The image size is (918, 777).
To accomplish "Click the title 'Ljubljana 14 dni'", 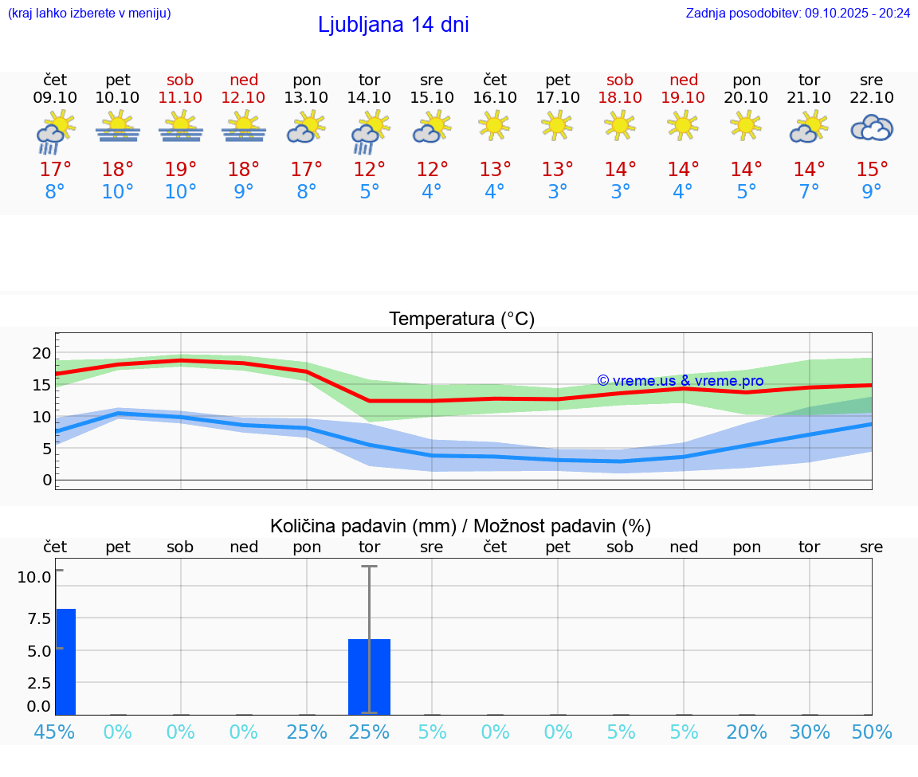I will click(x=393, y=25).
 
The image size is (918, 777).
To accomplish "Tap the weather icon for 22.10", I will click(x=872, y=128).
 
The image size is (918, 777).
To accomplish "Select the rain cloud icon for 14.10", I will click(x=370, y=131).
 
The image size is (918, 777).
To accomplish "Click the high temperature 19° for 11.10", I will click(x=181, y=170).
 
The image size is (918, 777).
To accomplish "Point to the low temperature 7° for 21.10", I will click(x=809, y=192).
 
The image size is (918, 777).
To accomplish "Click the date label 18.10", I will click(x=620, y=98).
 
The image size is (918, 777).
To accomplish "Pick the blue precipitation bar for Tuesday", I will click(x=369, y=677).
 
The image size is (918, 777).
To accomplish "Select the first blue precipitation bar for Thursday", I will click(x=65, y=661).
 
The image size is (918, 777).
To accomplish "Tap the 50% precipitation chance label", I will click(x=872, y=732).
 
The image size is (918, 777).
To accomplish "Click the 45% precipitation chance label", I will click(x=55, y=732).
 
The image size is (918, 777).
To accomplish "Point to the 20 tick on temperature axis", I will click(x=41, y=353).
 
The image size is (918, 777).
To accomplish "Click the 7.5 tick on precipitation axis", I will click(x=35, y=618).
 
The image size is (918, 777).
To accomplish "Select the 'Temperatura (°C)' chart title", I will click(x=461, y=320).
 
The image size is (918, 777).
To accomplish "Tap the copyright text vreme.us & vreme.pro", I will click(x=680, y=381).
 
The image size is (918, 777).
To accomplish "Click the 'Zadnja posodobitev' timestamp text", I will click(x=798, y=14).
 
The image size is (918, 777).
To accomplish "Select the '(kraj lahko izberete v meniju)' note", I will click(x=89, y=14).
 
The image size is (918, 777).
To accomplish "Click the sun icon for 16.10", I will click(x=495, y=124).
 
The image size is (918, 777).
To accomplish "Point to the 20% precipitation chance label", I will click(x=747, y=732).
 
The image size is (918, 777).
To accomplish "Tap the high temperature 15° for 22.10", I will click(x=872, y=170).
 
